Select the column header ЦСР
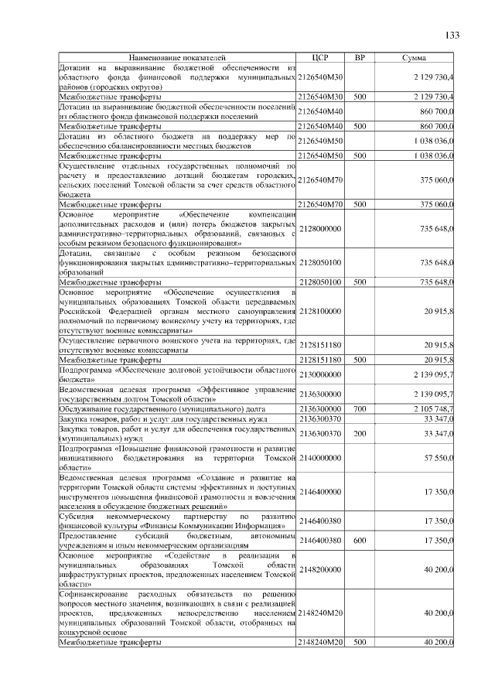point(320,58)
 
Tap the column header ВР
point(360,58)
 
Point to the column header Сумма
point(415,58)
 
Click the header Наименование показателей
point(177,58)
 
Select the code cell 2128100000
point(320,311)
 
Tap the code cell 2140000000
point(320,458)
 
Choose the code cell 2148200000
point(320,569)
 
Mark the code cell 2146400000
point(320,491)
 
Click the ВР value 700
point(360,408)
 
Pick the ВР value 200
point(360,434)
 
